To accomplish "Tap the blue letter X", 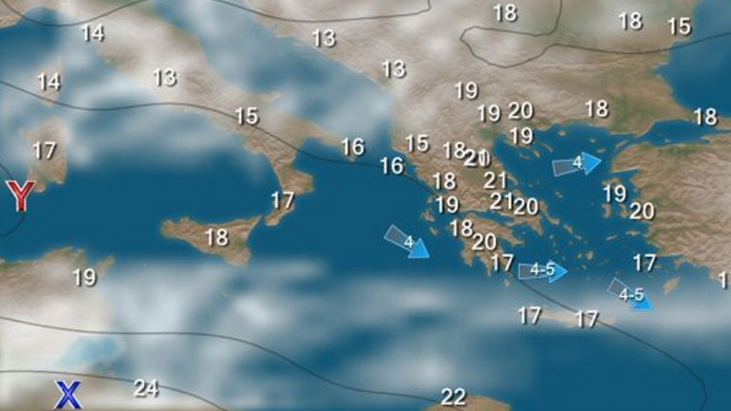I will click(67, 394).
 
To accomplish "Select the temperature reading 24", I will click(145, 387).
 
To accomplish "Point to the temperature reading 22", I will click(453, 397).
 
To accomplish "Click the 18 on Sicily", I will click(216, 237).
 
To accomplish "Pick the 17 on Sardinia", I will click(44, 150).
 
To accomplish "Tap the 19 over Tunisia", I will click(84, 277).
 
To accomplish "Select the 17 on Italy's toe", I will click(282, 200).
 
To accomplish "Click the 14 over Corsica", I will click(48, 82).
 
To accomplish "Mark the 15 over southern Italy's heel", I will click(246, 116).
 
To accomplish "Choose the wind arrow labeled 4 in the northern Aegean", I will click(577, 163).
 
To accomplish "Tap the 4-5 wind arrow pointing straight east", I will click(542, 271).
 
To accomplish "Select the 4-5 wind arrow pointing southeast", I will click(630, 294).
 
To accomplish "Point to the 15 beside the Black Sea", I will click(679, 27).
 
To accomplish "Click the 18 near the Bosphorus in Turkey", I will click(704, 117).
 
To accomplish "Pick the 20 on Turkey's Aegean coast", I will click(642, 211).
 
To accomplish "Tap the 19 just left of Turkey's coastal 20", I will click(614, 194).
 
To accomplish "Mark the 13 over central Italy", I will click(164, 77).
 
